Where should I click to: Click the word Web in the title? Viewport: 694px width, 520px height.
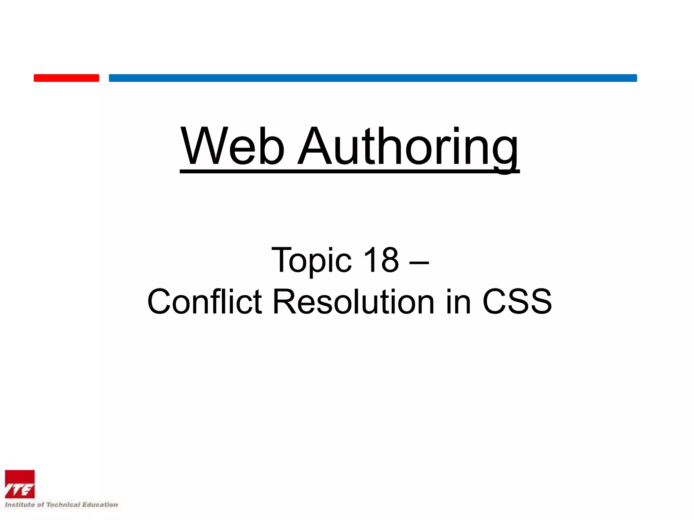(x=232, y=146)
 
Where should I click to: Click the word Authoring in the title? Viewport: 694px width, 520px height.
(x=408, y=146)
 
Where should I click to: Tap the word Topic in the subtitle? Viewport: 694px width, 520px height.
(x=311, y=260)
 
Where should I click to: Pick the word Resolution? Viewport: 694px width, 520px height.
(x=353, y=301)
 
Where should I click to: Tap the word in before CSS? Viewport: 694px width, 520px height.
(x=458, y=301)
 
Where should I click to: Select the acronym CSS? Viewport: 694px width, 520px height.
(x=517, y=301)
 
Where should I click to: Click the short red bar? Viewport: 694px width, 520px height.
(x=66, y=78)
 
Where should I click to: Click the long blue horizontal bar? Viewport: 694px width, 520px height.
(x=373, y=78)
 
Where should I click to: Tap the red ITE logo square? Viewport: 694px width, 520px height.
(x=20, y=484)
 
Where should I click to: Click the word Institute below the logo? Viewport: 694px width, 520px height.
(x=20, y=505)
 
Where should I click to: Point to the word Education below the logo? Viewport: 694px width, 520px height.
(x=100, y=505)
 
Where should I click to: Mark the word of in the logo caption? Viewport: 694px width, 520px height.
(x=40, y=505)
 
